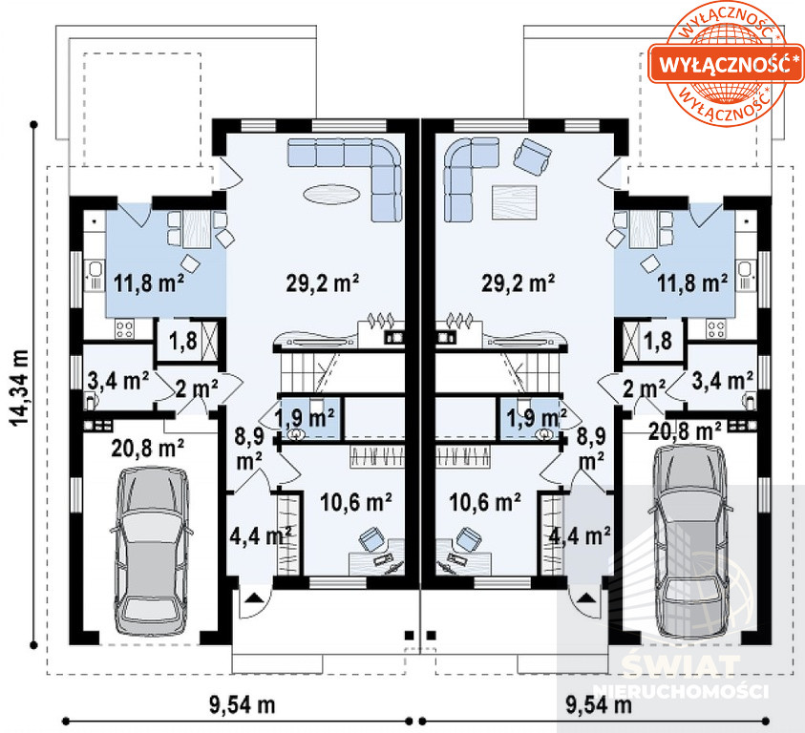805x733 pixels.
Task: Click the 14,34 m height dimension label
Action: pyautogui.click(x=19, y=387)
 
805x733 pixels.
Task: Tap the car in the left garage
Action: pyautogui.click(x=151, y=551)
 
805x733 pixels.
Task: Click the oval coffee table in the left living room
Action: pyautogui.click(x=331, y=194)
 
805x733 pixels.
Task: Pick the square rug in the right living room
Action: pyautogui.click(x=515, y=202)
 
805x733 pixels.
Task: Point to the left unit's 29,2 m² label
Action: pyautogui.click(x=323, y=283)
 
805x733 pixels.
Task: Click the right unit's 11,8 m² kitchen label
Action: pyautogui.click(x=692, y=283)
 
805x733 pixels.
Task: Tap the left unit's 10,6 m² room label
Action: pyautogui.click(x=356, y=502)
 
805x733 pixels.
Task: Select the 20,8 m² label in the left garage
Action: pyautogui.click(x=148, y=449)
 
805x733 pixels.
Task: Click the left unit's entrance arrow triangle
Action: pyautogui.click(x=254, y=597)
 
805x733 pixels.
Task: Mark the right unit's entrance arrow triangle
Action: pyautogui.click(x=584, y=597)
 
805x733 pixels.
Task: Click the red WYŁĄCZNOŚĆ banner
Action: pyautogui.click(x=726, y=63)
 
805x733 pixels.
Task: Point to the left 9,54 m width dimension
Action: pyautogui.click(x=242, y=704)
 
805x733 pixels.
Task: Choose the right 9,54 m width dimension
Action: pyautogui.click(x=598, y=704)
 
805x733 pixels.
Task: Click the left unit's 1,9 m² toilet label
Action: pyautogui.click(x=306, y=417)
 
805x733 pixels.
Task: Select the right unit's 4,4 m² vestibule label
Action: pyautogui.click(x=580, y=535)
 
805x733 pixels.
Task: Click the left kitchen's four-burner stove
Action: pyautogui.click(x=125, y=328)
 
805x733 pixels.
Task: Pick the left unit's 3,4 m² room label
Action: pyautogui.click(x=118, y=382)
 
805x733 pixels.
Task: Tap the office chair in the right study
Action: pyautogui.click(x=469, y=539)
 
